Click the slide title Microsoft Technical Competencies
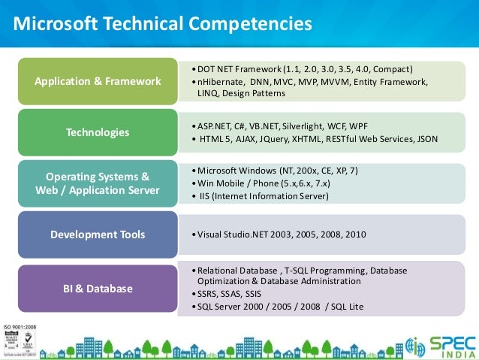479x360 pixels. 164,24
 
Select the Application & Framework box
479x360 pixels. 98,81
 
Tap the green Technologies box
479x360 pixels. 98,132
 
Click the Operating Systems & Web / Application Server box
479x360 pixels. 98,183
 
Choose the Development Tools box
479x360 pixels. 98,234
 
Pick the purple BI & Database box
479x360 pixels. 98,288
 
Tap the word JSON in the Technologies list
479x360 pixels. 426,139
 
